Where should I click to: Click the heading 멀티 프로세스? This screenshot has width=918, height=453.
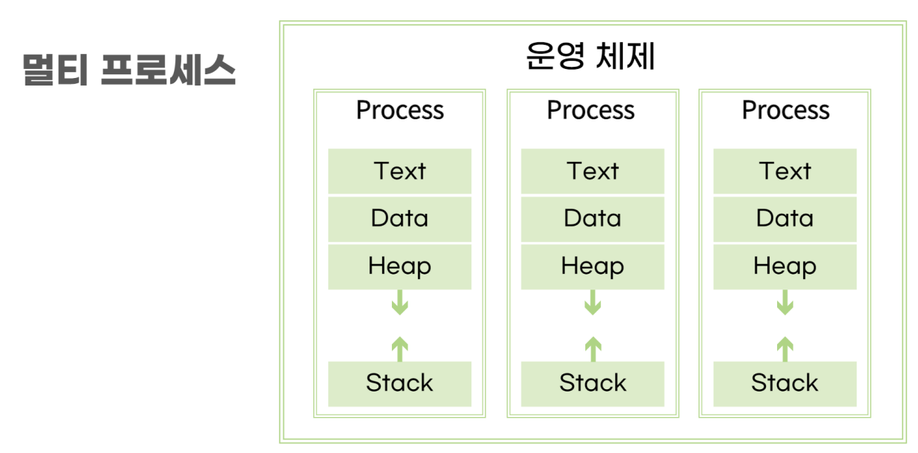click(129, 70)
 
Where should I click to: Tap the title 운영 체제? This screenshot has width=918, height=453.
click(591, 55)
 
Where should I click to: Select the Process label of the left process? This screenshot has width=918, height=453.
click(400, 110)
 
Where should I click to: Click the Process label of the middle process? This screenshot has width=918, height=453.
click(591, 110)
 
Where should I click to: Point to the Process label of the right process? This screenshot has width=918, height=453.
click(785, 110)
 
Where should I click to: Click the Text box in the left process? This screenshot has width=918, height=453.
click(399, 171)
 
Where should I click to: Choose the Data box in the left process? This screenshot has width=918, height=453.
click(399, 219)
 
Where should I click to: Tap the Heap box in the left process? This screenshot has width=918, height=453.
click(399, 267)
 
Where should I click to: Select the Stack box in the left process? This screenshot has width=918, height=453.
click(399, 384)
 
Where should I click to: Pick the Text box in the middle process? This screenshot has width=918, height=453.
click(593, 171)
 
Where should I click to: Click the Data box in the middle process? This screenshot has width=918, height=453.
click(593, 219)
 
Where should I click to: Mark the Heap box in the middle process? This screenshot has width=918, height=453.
click(593, 267)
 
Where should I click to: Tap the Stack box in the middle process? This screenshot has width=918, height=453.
click(593, 384)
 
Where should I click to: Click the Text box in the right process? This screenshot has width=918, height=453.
click(785, 171)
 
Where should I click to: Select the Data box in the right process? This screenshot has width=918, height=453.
click(785, 219)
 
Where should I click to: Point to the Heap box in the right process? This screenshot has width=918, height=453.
click(785, 267)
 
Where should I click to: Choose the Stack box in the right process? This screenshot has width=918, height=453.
click(785, 384)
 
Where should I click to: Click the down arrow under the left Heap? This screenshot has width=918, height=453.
click(399, 302)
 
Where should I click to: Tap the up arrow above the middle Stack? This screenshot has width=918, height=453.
click(593, 349)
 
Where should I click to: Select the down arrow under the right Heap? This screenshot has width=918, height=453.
click(785, 302)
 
